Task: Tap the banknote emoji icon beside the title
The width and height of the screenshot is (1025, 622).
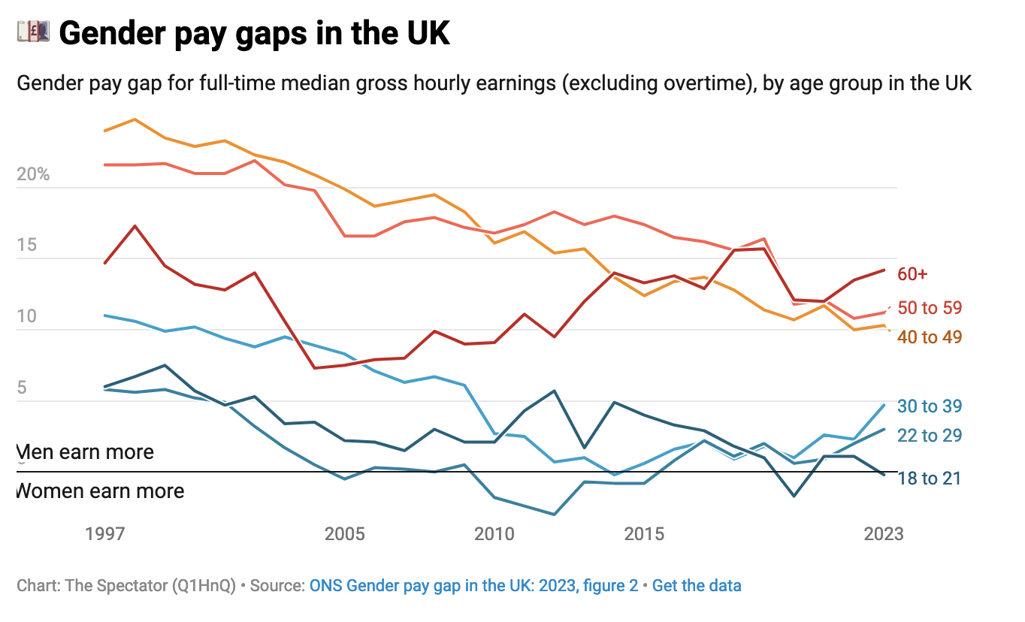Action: click(33, 32)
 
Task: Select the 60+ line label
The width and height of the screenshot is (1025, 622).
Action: click(912, 275)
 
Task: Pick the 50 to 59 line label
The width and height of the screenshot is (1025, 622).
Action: click(930, 308)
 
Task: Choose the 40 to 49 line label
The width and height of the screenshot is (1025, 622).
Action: click(930, 337)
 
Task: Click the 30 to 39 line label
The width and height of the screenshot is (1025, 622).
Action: click(930, 406)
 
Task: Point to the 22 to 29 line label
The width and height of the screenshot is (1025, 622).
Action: click(930, 436)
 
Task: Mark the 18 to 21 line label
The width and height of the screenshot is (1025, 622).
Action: click(930, 479)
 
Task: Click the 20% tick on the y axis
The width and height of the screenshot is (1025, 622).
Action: click(33, 175)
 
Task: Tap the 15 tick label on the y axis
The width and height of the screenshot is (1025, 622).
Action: click(26, 246)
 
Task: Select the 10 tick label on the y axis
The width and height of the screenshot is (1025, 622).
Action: click(26, 316)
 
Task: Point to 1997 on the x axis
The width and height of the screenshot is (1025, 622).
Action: click(104, 534)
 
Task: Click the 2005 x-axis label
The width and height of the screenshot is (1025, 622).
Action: click(345, 534)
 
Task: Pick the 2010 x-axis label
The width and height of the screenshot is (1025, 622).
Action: click(494, 534)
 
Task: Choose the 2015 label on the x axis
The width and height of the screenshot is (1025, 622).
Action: click(644, 534)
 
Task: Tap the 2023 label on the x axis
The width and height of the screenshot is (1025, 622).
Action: click(884, 534)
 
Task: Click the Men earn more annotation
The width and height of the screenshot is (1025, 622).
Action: click(85, 452)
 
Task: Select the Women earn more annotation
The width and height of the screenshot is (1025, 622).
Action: click(100, 491)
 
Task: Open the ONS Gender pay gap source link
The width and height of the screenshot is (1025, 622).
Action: click(473, 586)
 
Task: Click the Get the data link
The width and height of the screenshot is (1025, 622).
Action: click(697, 586)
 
